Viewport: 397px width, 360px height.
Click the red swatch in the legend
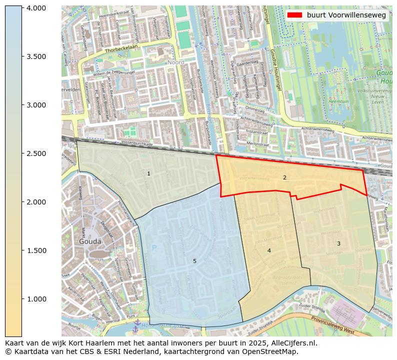pos(295,15)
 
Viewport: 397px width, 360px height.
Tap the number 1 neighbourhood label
pos(148,173)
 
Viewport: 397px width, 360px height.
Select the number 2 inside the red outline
pos(284,177)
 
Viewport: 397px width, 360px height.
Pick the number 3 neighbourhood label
pos(338,243)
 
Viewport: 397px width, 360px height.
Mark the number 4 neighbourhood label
pos(269,250)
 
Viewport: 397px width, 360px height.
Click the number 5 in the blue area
pos(194,261)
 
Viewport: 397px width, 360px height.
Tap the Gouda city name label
pos(90,241)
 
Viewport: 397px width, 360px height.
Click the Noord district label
pos(175,62)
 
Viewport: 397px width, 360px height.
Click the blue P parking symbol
pos(154,248)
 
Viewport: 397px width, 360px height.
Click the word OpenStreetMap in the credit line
pos(273,351)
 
